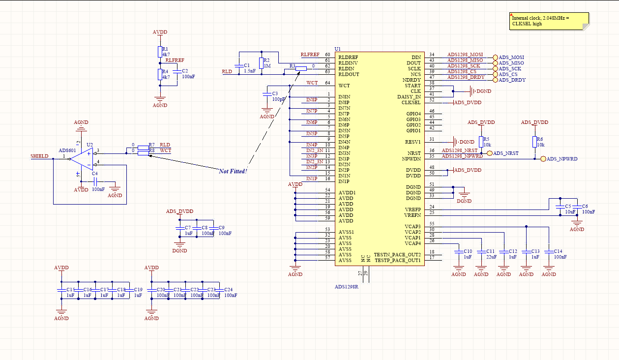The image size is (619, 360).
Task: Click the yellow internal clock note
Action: (549, 21)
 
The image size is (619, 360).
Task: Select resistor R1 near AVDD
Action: (160, 52)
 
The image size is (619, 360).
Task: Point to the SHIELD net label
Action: (39, 156)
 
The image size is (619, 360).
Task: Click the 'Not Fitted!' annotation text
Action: (233, 171)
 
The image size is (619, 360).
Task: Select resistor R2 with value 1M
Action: (261, 63)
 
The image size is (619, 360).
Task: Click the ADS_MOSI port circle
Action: (496, 58)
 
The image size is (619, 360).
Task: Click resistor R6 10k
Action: (534, 142)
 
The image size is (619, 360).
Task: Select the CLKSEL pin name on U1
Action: (411, 103)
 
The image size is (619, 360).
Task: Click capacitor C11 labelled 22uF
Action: (481, 251)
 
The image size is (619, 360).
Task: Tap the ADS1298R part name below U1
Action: (347, 287)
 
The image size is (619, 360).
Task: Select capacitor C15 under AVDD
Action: (61, 290)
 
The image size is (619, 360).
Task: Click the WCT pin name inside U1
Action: (344, 86)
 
